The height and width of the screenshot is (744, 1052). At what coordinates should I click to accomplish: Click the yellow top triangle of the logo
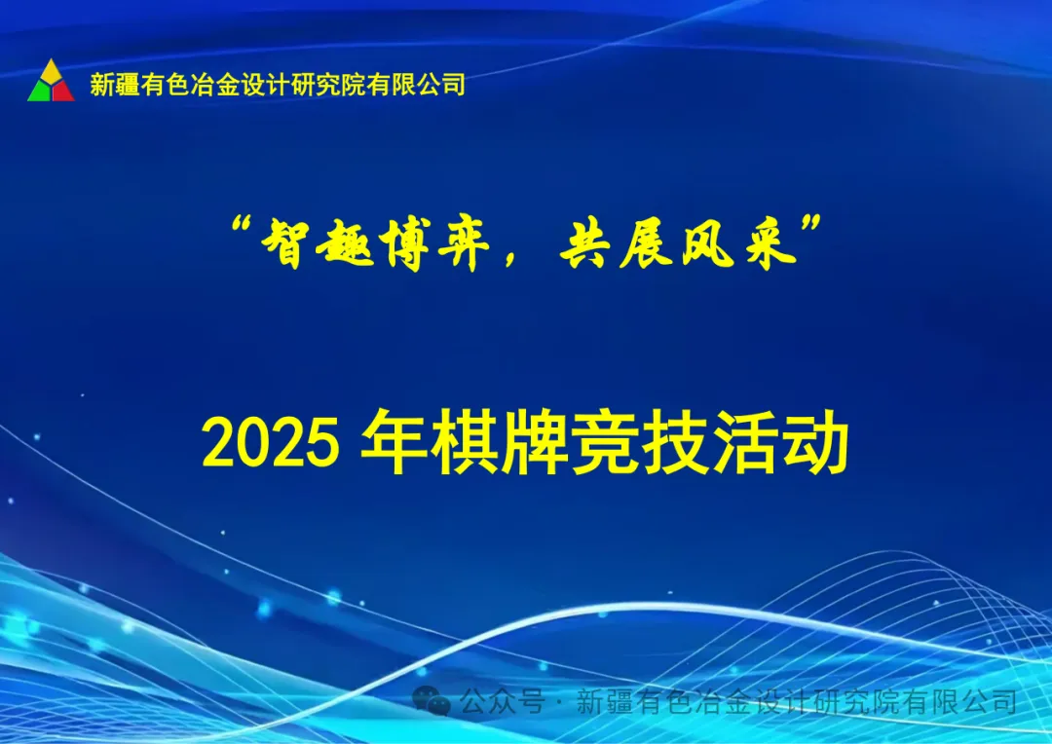click(51, 71)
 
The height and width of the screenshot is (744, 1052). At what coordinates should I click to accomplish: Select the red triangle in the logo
click(62, 93)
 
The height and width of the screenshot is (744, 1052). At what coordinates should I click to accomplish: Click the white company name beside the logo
click(278, 85)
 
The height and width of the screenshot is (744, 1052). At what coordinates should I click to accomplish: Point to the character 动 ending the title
click(816, 445)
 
